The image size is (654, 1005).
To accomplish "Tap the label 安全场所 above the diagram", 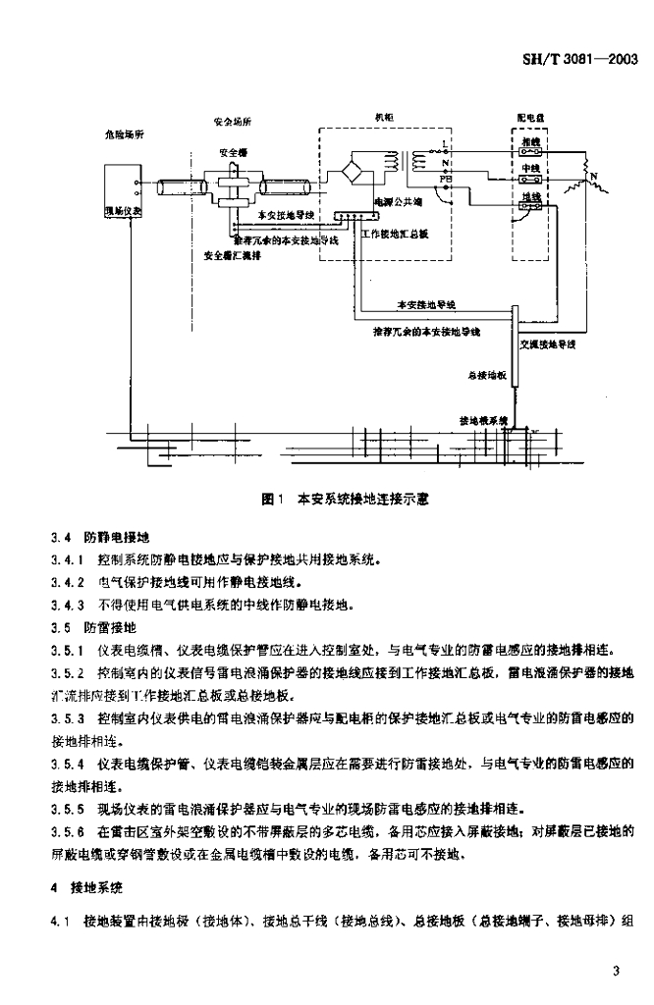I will (233, 122).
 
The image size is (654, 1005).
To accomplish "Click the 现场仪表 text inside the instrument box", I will (124, 210).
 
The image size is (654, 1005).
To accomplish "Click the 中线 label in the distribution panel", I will (531, 169).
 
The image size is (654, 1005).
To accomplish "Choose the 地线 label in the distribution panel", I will (531, 197).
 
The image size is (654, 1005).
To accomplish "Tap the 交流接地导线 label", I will (548, 344).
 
